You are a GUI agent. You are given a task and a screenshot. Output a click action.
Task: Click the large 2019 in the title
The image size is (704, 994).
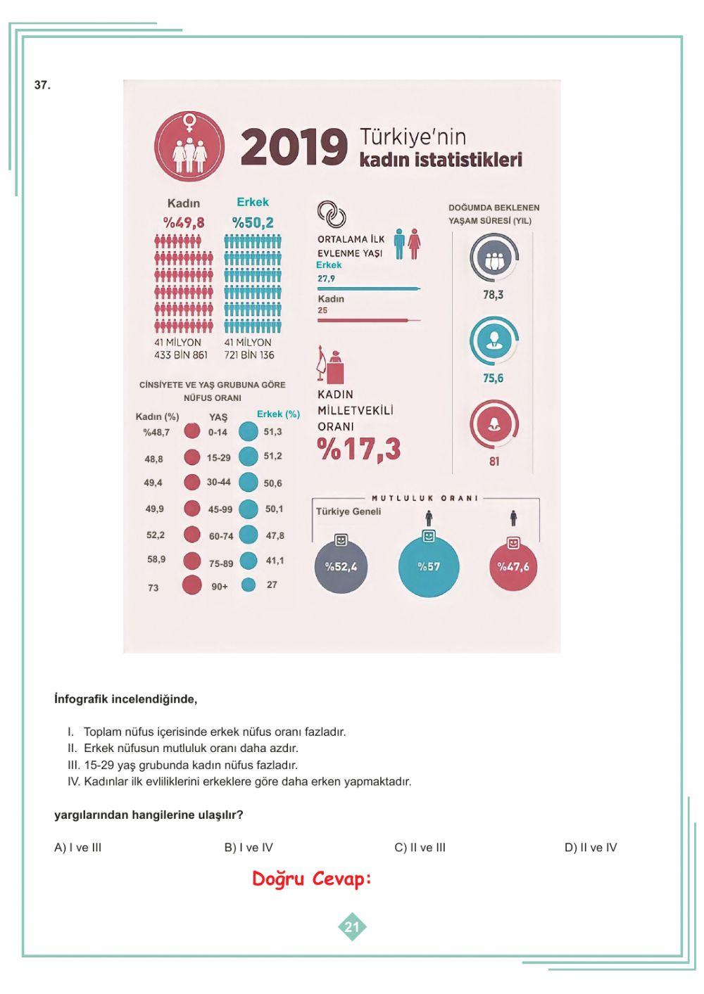coord(294,148)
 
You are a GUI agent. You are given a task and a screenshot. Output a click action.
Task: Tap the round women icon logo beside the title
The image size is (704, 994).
coord(189,146)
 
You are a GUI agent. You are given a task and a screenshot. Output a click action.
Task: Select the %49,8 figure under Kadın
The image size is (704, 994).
coord(184,223)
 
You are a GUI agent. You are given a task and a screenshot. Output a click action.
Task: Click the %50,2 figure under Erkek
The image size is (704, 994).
coord(253,223)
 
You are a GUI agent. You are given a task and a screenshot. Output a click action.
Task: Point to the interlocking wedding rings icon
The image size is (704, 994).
coord(331,213)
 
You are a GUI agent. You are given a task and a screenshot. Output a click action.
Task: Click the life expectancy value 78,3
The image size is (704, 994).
coord(493,295)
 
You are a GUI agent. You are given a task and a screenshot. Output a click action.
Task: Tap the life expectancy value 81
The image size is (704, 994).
coord(494,461)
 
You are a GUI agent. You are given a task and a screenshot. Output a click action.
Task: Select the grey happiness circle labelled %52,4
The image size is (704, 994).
coord(341,566)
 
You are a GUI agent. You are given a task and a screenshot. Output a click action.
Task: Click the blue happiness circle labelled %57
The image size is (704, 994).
coord(429,566)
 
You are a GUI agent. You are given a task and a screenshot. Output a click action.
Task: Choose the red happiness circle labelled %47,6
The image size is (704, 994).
coord(513,566)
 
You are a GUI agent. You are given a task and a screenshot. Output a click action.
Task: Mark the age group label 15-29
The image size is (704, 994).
coord(219,458)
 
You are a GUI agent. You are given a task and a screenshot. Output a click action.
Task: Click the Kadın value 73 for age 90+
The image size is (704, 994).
coord(153,587)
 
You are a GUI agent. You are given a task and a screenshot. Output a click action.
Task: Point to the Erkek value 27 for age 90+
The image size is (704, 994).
coord(272,585)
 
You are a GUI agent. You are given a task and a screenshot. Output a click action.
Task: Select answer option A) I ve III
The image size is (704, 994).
coord(78,848)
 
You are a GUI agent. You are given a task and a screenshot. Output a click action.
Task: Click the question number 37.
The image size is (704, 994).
coord(42,85)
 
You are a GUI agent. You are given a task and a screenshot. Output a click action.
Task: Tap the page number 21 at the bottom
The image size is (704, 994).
coord(352,927)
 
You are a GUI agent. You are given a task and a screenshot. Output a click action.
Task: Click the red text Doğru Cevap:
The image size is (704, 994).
coord(311,879)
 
